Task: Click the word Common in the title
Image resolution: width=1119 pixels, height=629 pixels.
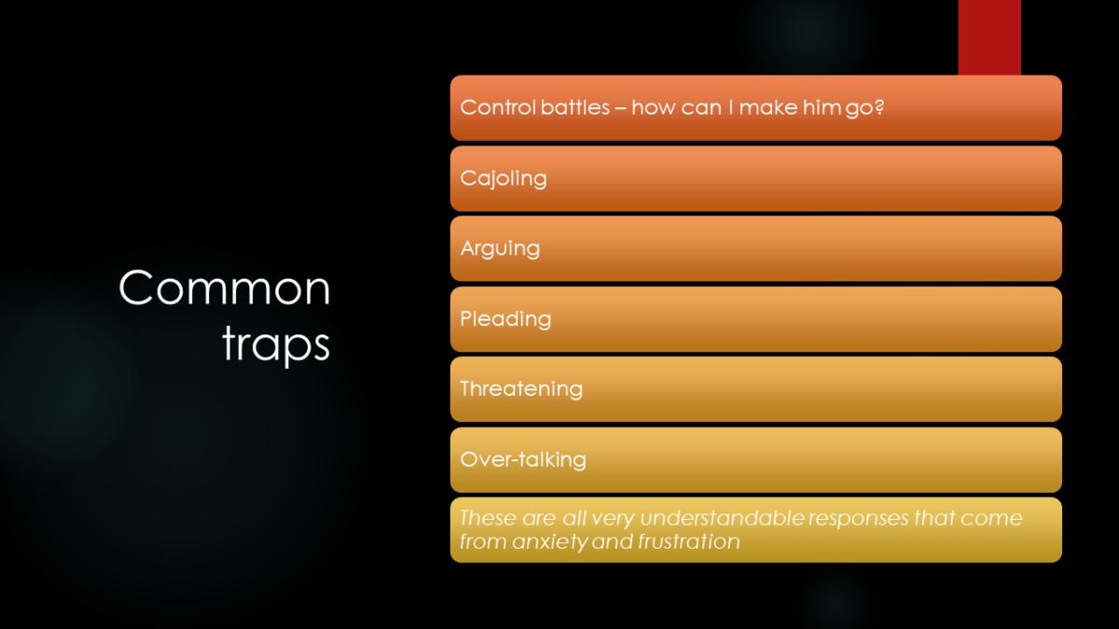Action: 225,288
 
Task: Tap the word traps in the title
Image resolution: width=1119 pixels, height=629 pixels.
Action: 276,346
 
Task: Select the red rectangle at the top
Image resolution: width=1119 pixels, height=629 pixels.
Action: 989,37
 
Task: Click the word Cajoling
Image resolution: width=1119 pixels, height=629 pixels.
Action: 504,179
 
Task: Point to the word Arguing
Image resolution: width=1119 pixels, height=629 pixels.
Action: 500,249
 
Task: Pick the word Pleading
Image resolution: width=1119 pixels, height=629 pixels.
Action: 505,320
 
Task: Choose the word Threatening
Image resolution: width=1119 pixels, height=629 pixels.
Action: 521,389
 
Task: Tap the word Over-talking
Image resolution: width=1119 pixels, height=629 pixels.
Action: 523,459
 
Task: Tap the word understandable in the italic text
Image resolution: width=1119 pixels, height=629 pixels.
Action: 723,518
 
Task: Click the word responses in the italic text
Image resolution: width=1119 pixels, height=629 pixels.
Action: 859,519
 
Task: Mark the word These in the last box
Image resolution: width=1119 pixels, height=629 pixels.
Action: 488,518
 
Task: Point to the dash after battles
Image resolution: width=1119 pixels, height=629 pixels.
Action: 620,108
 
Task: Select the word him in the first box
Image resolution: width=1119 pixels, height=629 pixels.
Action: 822,107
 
